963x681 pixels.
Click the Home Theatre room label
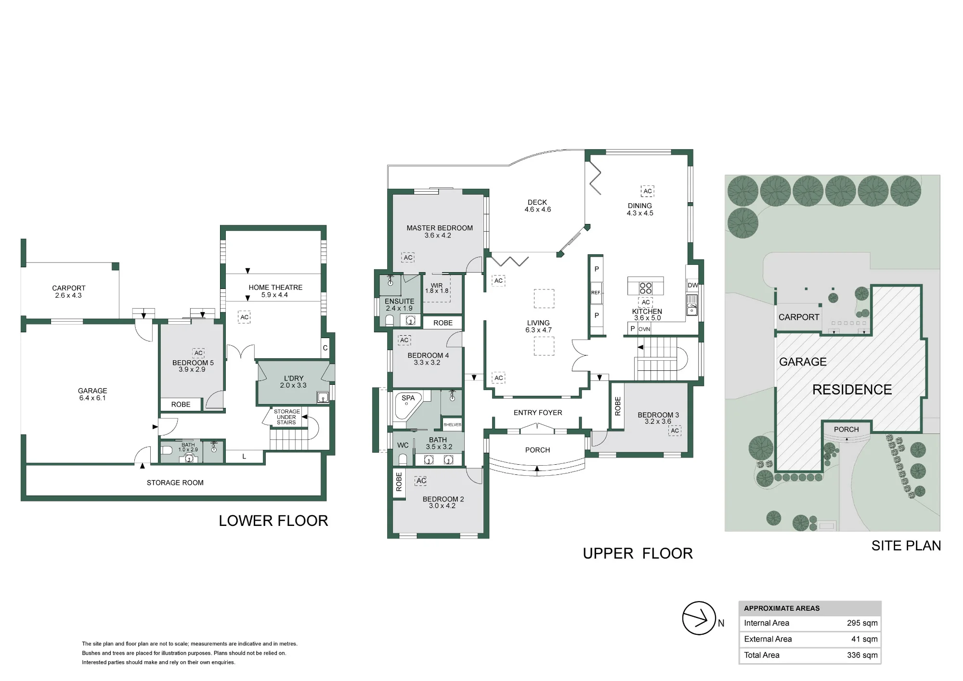pyautogui.click(x=275, y=291)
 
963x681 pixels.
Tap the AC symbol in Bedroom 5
pyautogui.click(x=198, y=353)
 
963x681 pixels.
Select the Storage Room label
pyautogui.click(x=175, y=483)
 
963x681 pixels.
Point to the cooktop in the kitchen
pyautogui.click(x=645, y=288)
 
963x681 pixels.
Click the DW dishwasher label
pyautogui.click(x=692, y=285)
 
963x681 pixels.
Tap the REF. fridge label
pyautogui.click(x=596, y=292)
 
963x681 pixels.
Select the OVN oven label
pyautogui.click(x=644, y=329)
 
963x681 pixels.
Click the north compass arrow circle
pyautogui.click(x=699, y=618)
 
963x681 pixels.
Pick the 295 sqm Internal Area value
pyautogui.click(x=862, y=623)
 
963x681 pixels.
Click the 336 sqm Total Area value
pyautogui.click(x=862, y=655)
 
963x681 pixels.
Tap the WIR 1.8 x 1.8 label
pyautogui.click(x=437, y=288)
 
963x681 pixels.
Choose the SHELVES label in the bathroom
pyautogui.click(x=453, y=425)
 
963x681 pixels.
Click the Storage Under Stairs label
pyautogui.click(x=286, y=417)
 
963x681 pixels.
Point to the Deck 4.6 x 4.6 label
pyautogui.click(x=537, y=206)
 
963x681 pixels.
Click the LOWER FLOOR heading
pyautogui.click(x=273, y=521)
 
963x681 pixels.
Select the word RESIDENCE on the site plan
pyautogui.click(x=852, y=390)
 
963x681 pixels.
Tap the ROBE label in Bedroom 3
pyautogui.click(x=618, y=406)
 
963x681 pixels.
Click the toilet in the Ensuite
pyautogui.click(x=390, y=320)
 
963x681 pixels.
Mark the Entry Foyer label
pyautogui.click(x=538, y=413)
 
